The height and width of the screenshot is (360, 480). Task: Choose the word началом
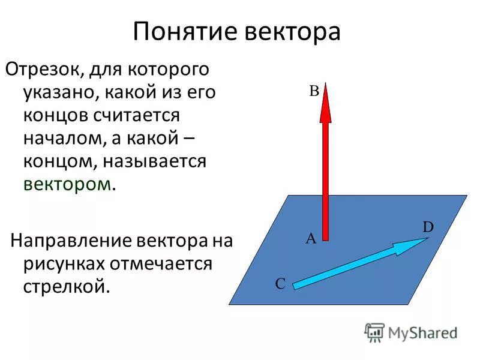(64, 138)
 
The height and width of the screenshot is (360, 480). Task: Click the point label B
(313, 92)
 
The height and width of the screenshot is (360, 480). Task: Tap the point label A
(311, 239)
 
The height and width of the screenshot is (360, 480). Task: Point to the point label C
(280, 284)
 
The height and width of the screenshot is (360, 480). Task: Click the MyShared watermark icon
(374, 332)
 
